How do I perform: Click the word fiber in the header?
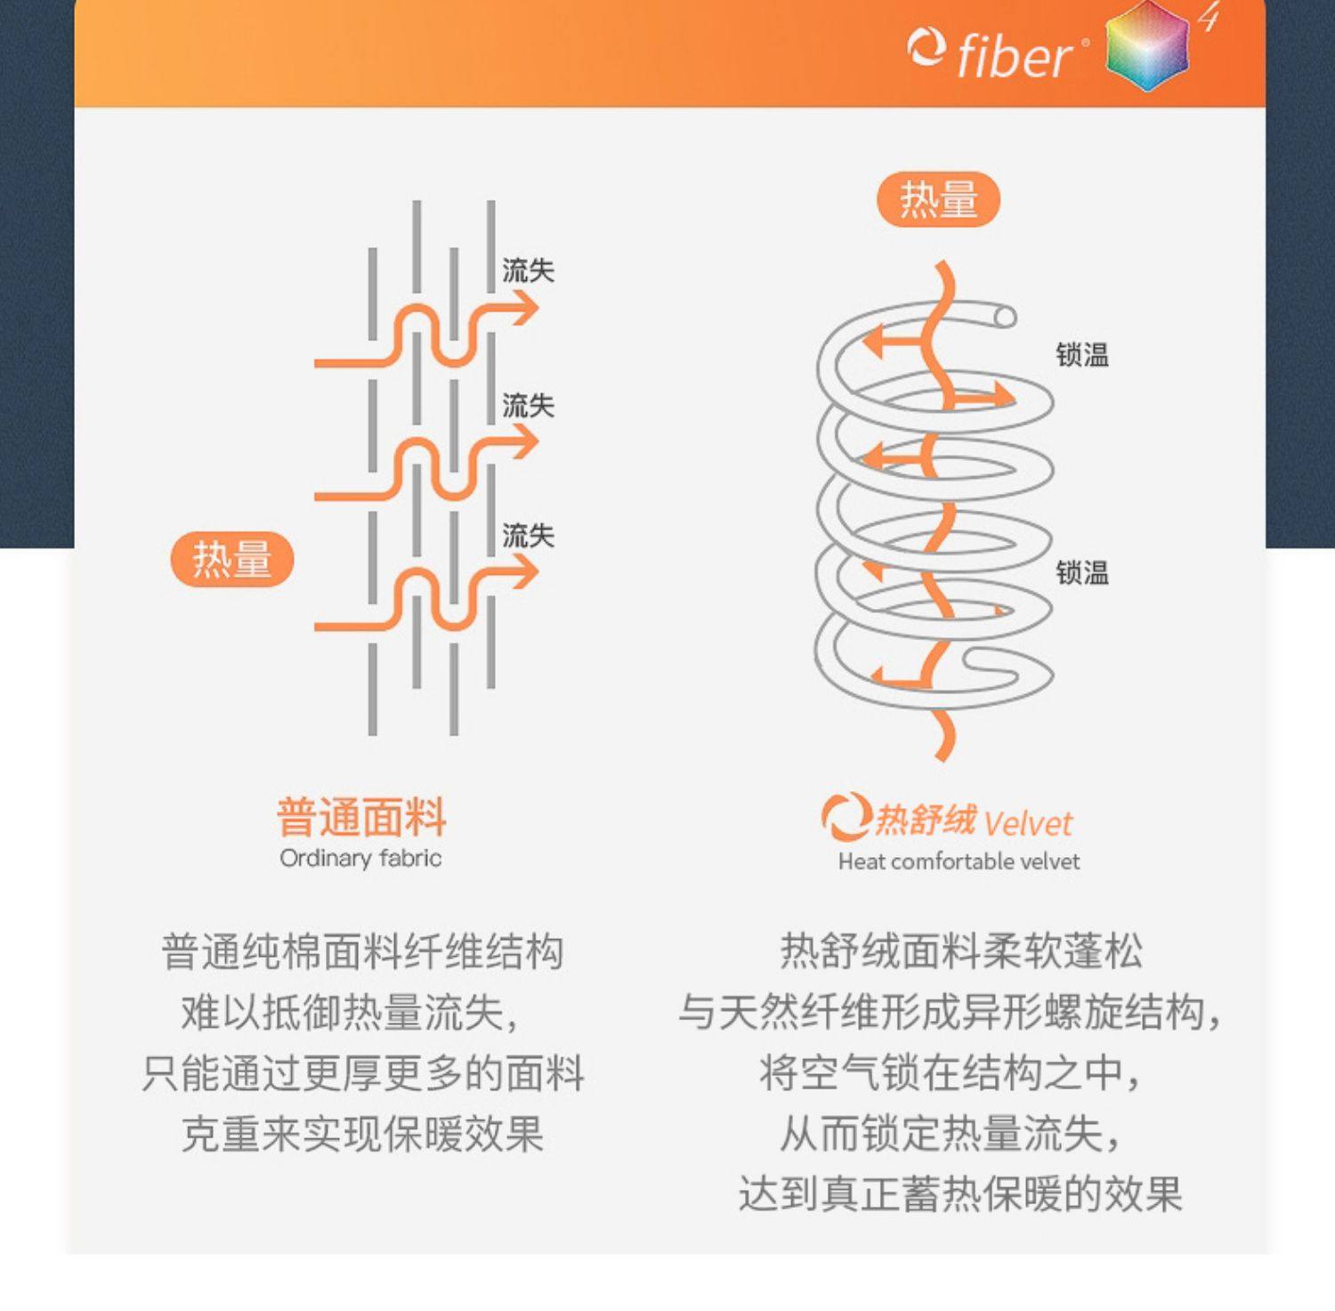point(1015,55)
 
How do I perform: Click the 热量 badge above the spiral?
point(939,198)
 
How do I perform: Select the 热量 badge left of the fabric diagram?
point(232,559)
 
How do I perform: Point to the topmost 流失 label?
point(528,271)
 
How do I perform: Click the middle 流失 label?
point(528,406)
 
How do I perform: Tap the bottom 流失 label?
point(528,536)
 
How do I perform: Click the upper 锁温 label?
point(1082,355)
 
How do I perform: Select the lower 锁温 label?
point(1082,572)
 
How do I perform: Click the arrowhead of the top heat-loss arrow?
point(525,310)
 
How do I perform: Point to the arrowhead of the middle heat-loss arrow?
point(525,442)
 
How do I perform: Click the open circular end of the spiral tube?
point(1005,317)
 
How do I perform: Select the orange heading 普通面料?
point(361,817)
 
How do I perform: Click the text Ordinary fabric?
point(360,858)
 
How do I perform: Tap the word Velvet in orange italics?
point(1029,823)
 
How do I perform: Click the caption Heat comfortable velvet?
point(959,862)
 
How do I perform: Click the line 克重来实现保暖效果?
point(362,1134)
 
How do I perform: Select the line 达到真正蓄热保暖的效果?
point(960,1194)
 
